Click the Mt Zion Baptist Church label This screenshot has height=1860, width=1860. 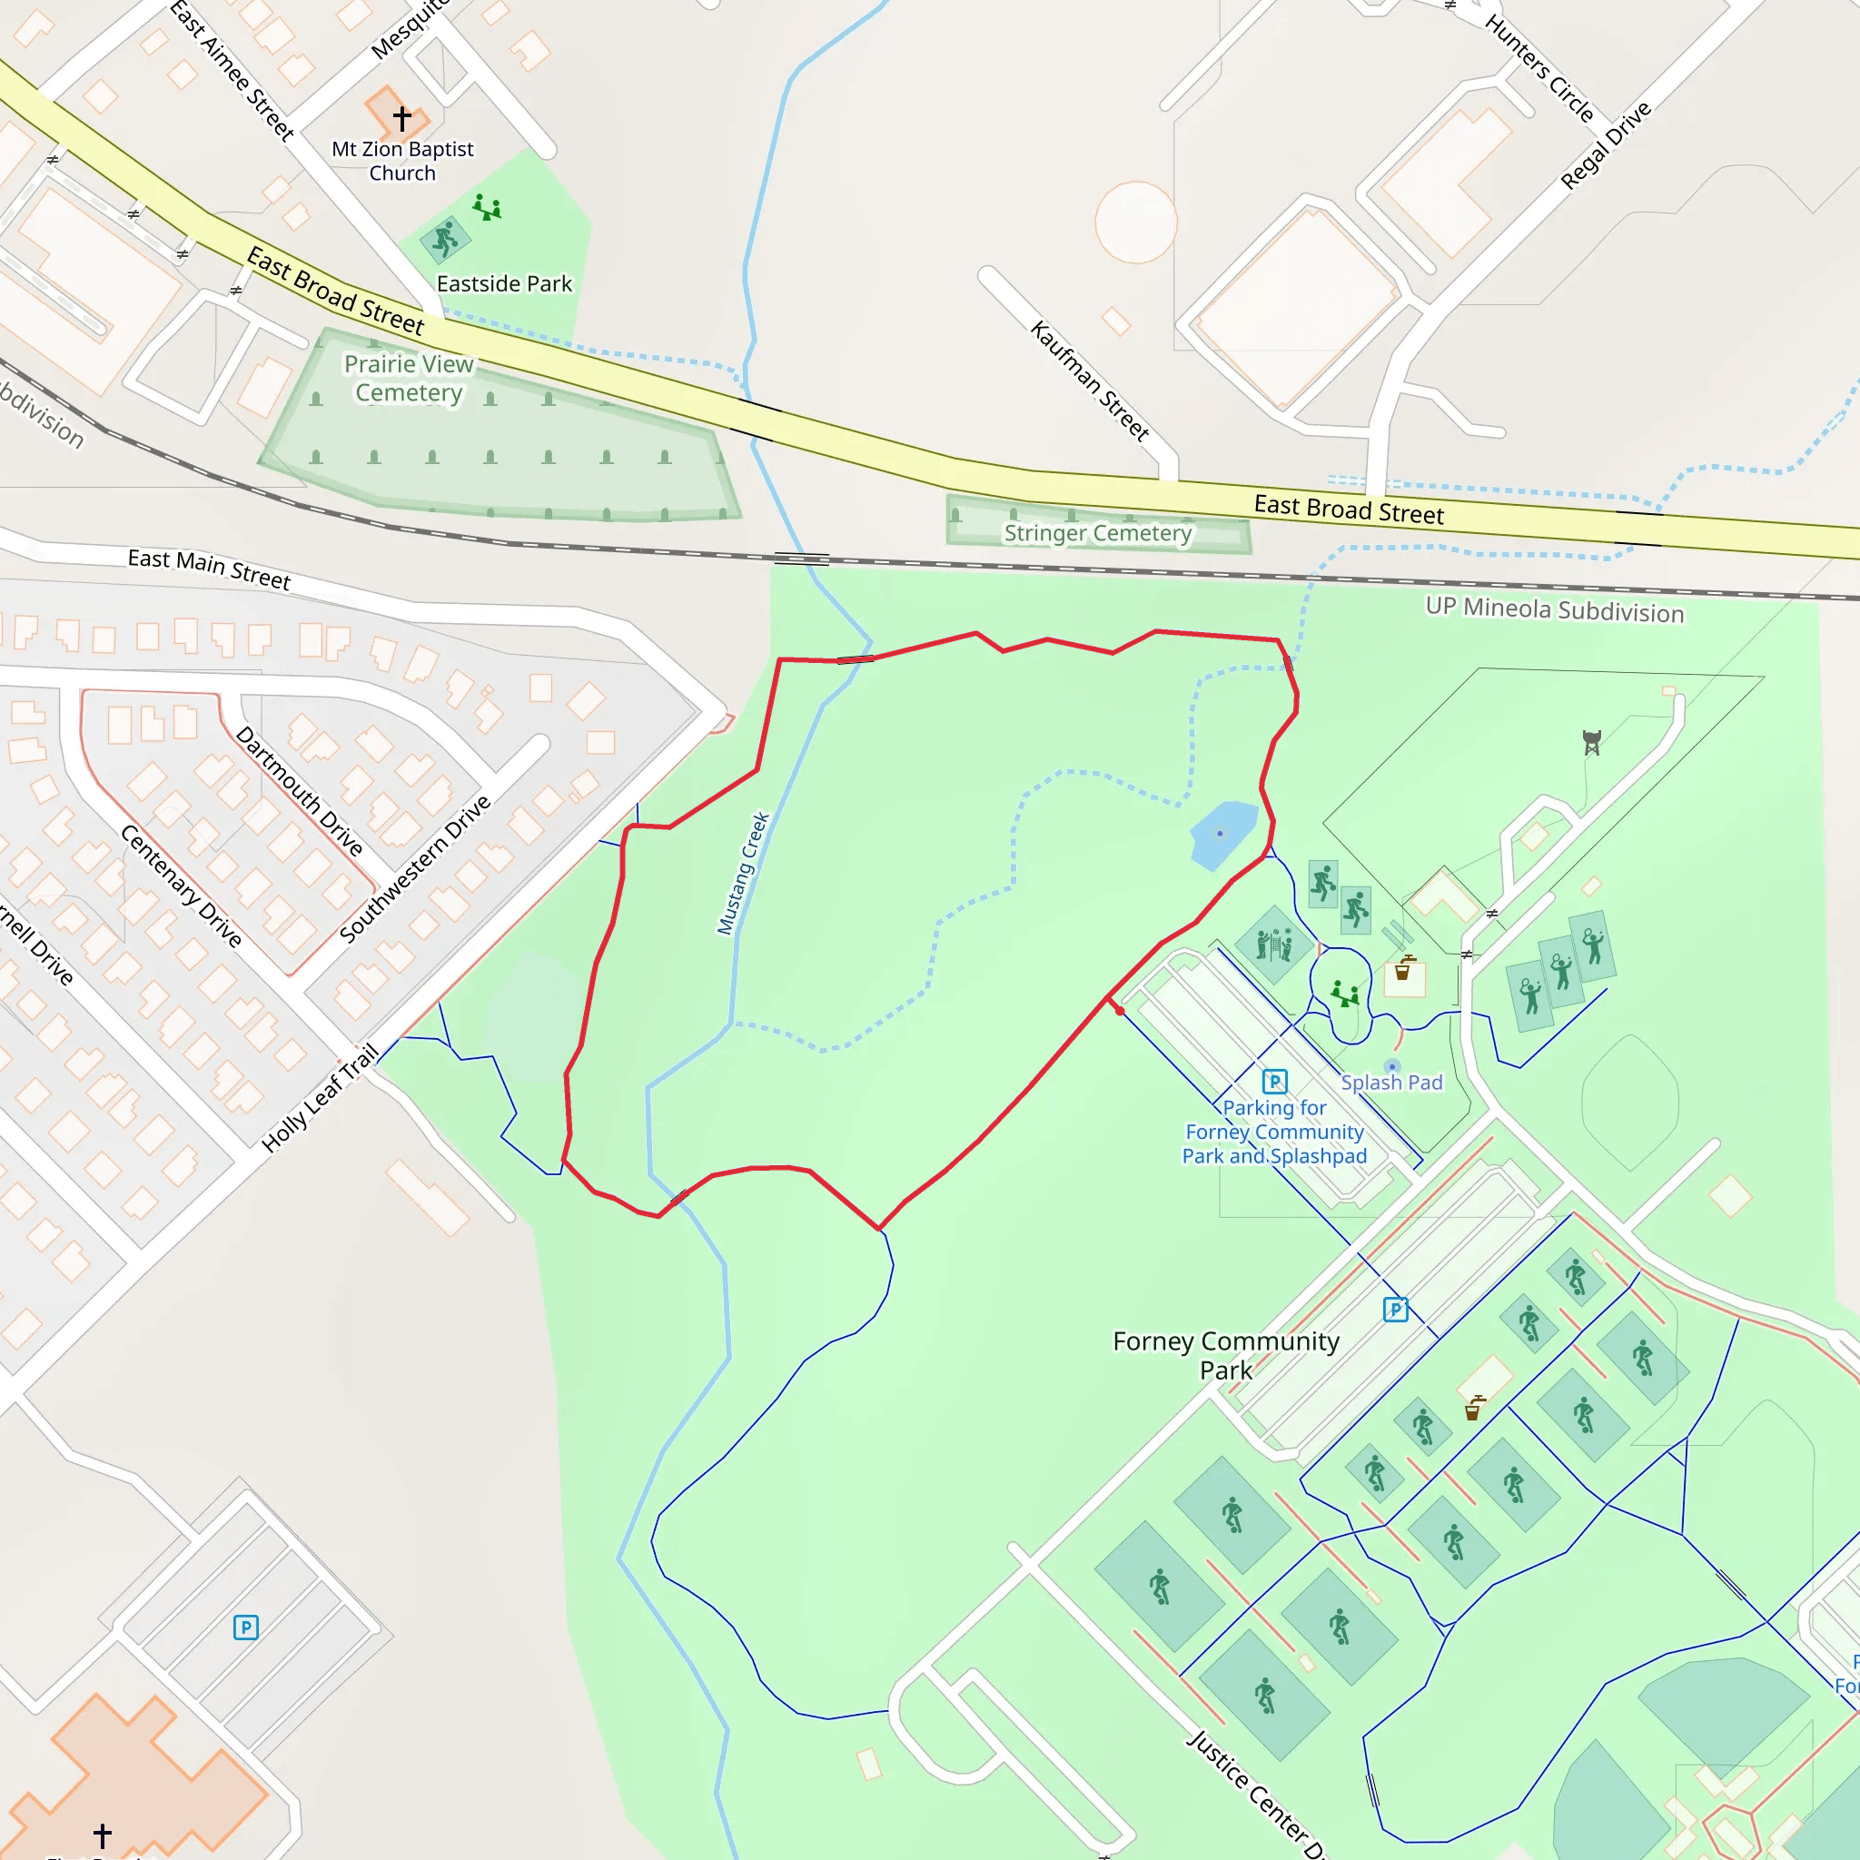(402, 161)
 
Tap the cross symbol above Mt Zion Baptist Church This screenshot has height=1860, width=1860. (402, 117)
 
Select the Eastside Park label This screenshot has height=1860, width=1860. (504, 284)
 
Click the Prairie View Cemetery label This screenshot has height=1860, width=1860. (410, 379)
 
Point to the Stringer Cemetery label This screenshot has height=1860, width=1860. (1097, 533)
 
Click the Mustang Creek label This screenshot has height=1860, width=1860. (743, 873)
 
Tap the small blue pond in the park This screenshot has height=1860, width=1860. (1222, 833)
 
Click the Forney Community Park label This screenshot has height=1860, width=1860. (1225, 1356)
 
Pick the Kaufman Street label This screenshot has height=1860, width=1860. (1090, 381)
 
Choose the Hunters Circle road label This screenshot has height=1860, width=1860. (1539, 67)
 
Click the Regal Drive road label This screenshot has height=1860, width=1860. (1606, 144)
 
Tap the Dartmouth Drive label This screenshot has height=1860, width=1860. (300, 790)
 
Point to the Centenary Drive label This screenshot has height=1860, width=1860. (181, 885)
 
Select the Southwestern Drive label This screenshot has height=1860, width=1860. (415, 868)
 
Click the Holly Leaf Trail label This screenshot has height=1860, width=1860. (320, 1097)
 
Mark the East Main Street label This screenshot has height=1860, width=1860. (209, 569)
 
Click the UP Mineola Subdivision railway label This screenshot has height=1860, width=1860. (1554, 610)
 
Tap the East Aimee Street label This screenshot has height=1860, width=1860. (232, 70)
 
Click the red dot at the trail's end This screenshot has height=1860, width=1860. (1120, 1011)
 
